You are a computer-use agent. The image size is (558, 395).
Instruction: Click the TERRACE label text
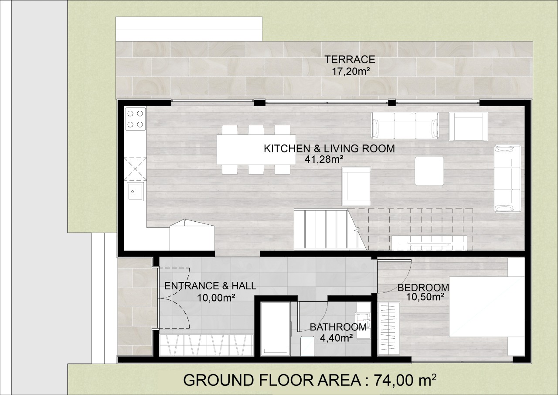(350, 60)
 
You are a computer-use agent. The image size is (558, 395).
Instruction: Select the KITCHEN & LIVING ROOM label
(329, 149)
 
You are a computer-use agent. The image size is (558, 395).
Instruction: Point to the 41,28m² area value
(323, 159)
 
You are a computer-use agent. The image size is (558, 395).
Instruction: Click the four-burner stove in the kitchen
(136, 119)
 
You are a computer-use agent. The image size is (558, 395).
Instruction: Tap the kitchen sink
(135, 192)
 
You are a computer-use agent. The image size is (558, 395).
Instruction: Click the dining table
(256, 150)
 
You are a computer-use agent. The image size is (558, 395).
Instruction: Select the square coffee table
(429, 171)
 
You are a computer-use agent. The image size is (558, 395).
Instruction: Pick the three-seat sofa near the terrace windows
(405, 125)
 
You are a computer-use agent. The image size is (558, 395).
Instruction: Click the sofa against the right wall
(507, 179)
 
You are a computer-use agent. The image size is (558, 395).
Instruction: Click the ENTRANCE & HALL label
(210, 286)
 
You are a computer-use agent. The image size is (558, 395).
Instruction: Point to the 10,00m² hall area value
(216, 298)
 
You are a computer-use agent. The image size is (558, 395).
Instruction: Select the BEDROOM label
(423, 288)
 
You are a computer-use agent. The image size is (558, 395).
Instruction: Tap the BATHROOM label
(338, 327)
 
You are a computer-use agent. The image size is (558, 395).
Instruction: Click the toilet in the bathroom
(307, 346)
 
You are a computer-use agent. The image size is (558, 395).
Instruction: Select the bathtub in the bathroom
(275, 329)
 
